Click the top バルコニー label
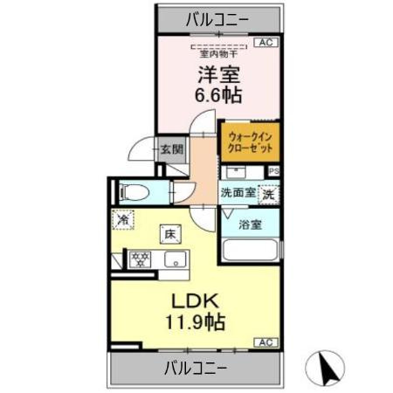[x=217, y=17]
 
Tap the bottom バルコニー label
[x=196, y=367]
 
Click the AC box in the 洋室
[x=266, y=42]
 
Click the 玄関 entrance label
[x=172, y=149]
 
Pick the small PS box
[x=273, y=172]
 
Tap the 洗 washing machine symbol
[x=269, y=194]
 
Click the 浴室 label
[x=251, y=224]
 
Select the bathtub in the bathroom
[x=251, y=250]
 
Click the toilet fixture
[x=134, y=192]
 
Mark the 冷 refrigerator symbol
[x=125, y=221]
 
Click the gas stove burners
[x=138, y=259]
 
